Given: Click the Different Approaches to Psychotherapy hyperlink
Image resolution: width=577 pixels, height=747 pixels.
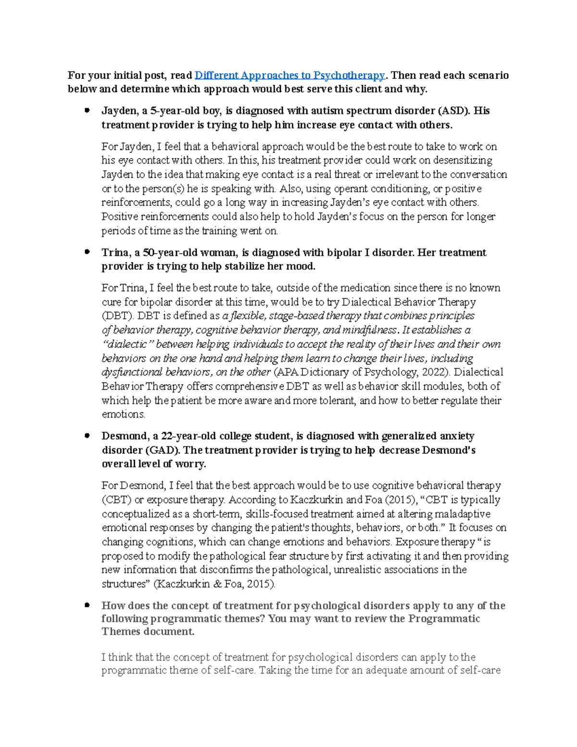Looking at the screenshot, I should pos(289,76).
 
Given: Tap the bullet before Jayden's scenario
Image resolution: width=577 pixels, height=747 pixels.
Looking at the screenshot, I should pos(87,111).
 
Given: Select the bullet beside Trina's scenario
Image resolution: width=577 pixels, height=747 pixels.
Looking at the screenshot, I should pos(87,252).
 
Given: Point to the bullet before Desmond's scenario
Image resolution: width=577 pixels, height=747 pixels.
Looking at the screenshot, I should pos(87,436).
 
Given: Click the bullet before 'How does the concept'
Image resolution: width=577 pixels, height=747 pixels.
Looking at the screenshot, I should pos(87,605).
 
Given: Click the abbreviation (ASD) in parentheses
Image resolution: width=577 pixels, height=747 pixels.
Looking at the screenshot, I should pos(453,111).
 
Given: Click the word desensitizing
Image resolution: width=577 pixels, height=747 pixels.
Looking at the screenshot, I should pos(461,160).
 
